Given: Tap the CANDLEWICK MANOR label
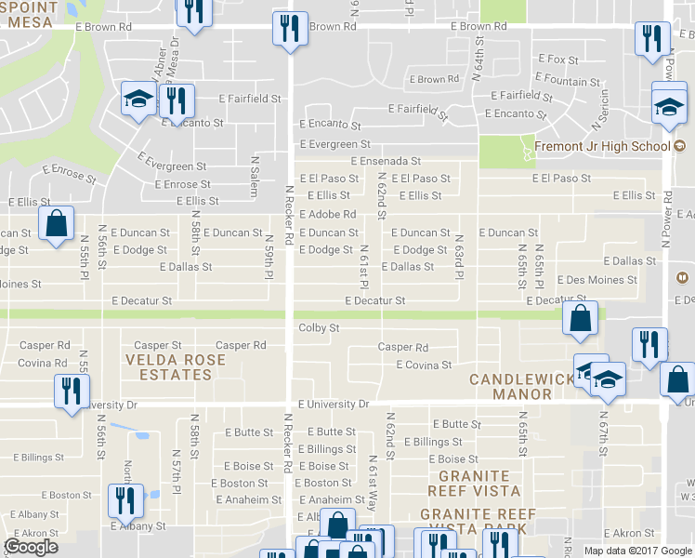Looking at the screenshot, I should [x=510, y=387].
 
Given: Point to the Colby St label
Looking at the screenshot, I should [x=319, y=328].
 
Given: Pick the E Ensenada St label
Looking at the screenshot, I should [x=386, y=161].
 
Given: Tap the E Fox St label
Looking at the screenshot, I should [x=557, y=60].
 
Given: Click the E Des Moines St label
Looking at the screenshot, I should [x=597, y=280].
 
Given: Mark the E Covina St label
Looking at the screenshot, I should [x=424, y=365].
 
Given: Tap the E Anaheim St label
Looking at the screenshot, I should [x=336, y=499].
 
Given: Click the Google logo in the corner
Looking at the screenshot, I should [x=31, y=547].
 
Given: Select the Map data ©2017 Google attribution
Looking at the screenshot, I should [x=637, y=551].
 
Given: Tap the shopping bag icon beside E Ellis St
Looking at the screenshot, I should [x=56, y=223].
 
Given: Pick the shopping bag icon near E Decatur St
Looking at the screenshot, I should [x=581, y=318].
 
